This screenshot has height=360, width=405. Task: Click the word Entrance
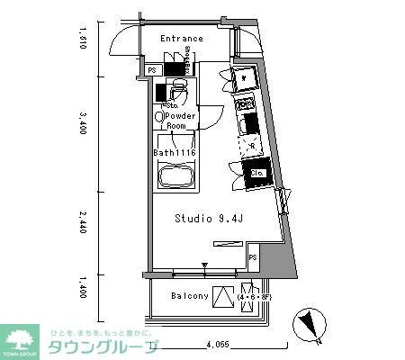click(x=182, y=39)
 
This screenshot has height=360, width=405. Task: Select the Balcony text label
click(x=190, y=295)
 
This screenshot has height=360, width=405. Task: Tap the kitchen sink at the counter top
click(x=245, y=79)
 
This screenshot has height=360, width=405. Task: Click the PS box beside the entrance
click(x=152, y=70)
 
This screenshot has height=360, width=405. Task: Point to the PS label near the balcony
click(x=253, y=258)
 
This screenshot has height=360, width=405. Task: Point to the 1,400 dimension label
click(x=82, y=287)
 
